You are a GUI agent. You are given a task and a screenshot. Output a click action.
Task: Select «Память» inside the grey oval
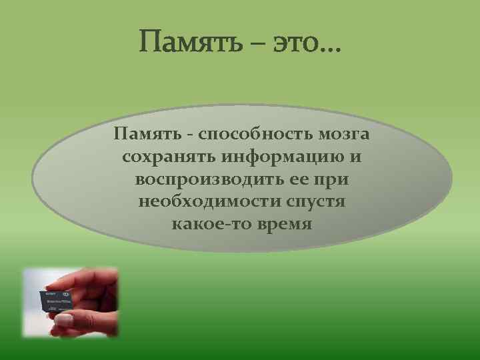pyautogui.click(x=144, y=135)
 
